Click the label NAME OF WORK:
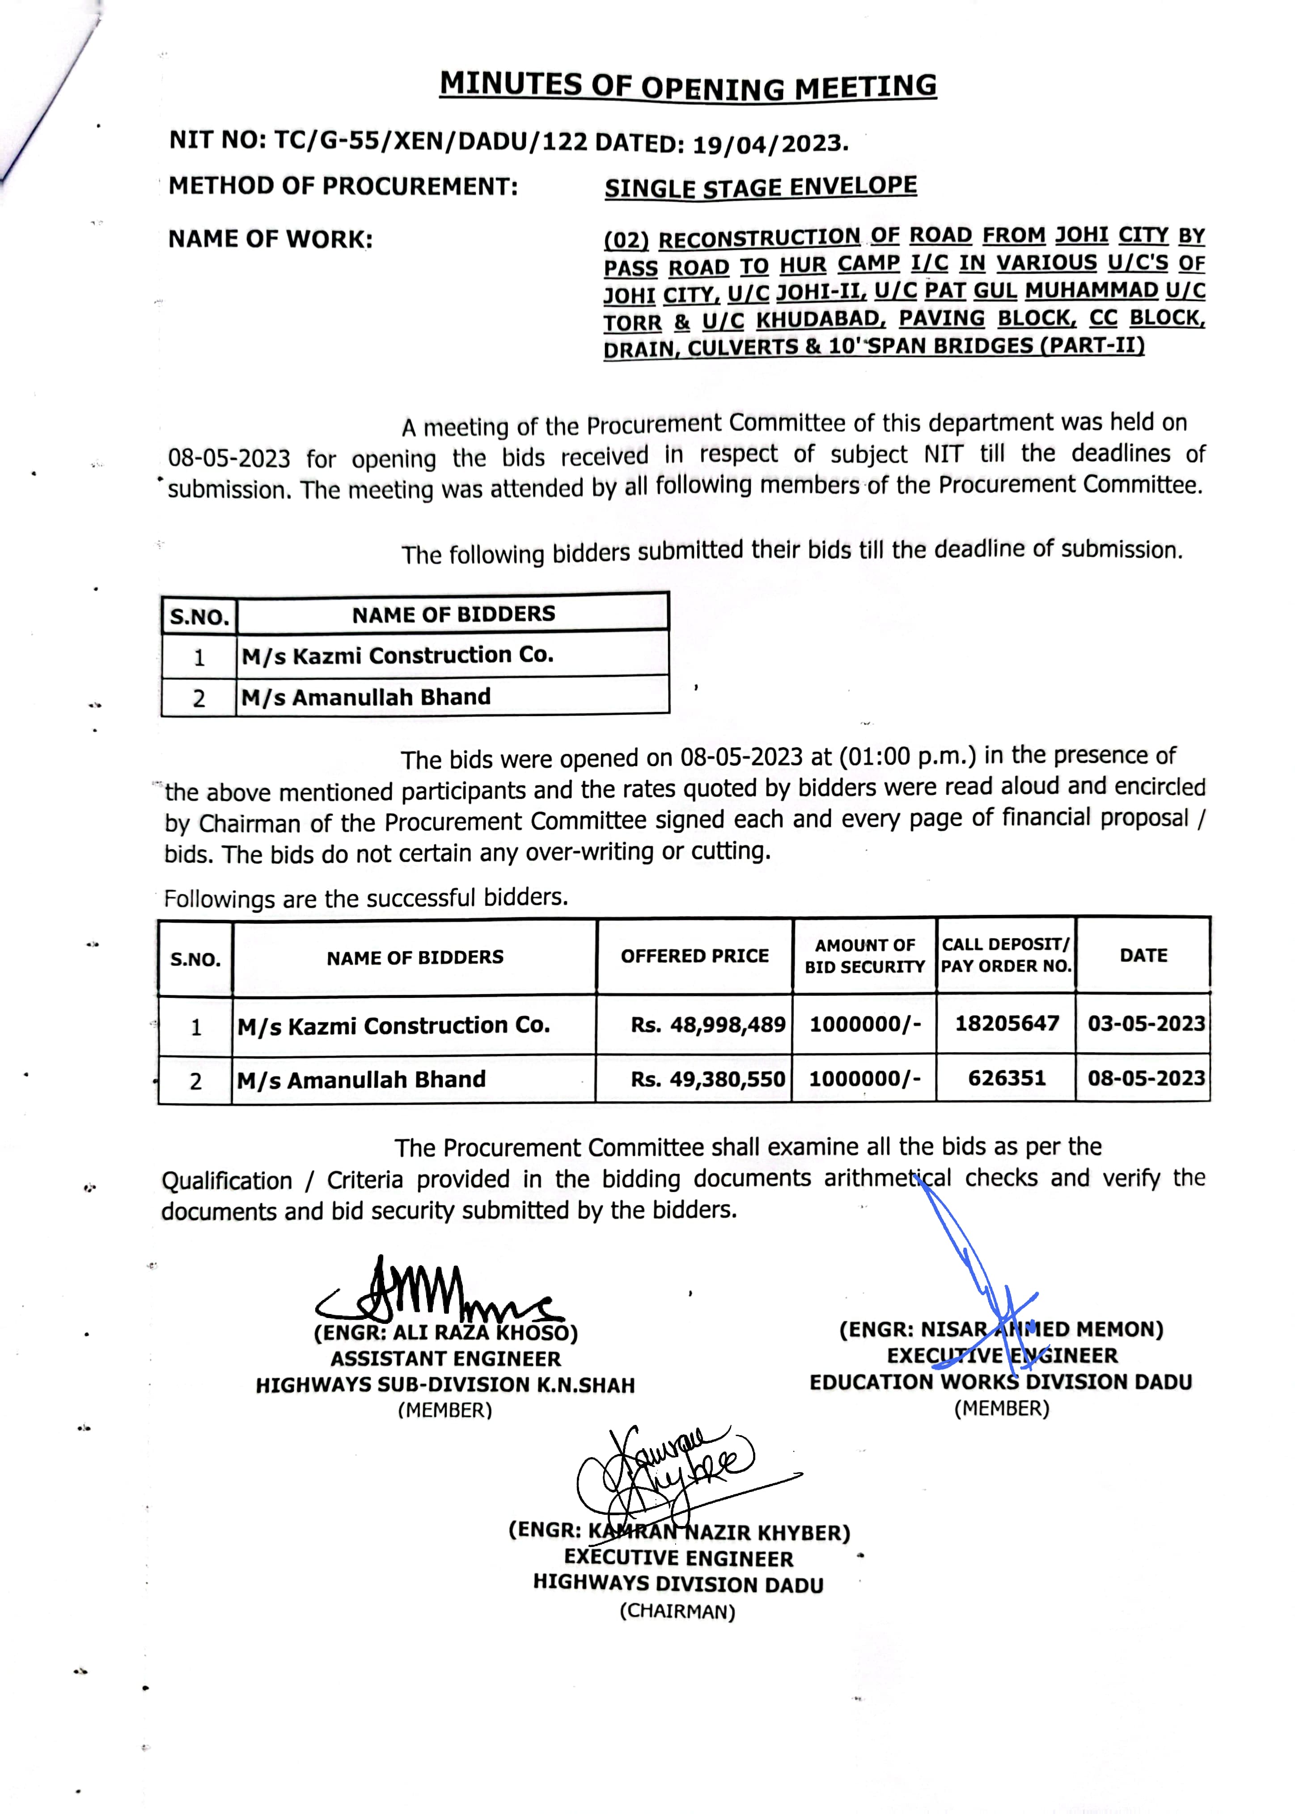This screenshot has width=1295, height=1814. click(271, 239)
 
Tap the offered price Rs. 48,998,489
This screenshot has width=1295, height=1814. click(707, 1025)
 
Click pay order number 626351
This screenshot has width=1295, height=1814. click(1006, 1078)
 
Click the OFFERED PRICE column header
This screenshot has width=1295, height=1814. click(694, 956)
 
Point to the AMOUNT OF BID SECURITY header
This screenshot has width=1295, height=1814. click(864, 956)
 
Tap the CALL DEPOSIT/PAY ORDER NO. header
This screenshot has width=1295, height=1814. click(1006, 955)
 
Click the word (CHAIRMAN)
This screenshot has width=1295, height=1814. click(677, 1611)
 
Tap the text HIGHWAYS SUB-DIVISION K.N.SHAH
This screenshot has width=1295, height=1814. click(445, 1385)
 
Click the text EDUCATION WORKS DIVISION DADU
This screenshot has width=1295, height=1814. click(1001, 1382)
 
